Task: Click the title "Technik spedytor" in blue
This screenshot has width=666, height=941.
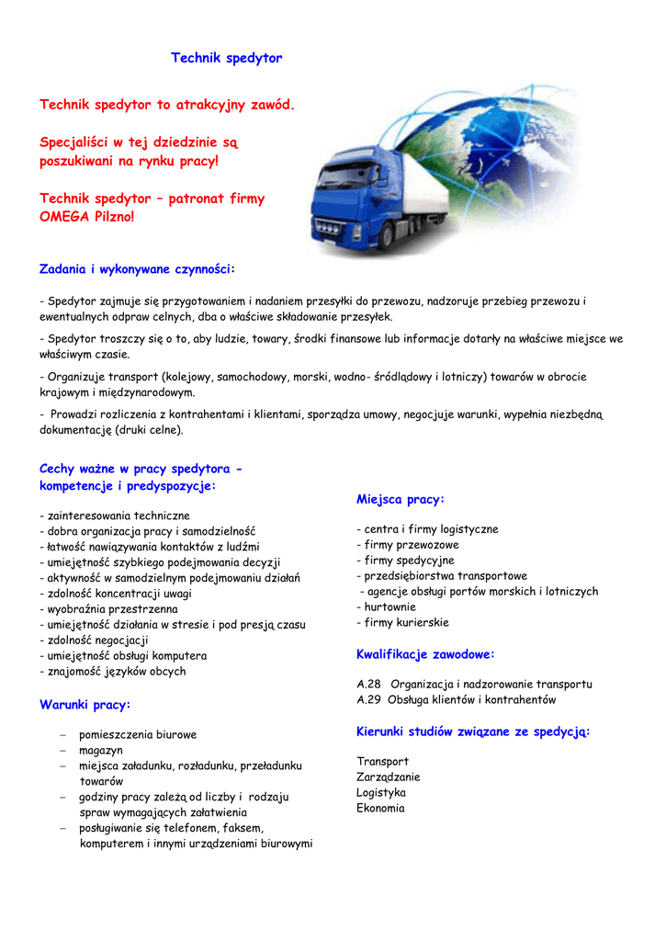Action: (x=226, y=58)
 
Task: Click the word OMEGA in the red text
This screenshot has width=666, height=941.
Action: (x=64, y=217)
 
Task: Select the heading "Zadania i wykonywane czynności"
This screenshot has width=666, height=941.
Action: (x=136, y=269)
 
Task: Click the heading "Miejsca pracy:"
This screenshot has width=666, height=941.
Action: (x=400, y=499)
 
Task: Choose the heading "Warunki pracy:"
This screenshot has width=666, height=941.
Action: (x=85, y=705)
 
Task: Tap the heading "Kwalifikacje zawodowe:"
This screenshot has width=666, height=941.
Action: (x=425, y=654)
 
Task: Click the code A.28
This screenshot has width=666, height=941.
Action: (x=368, y=685)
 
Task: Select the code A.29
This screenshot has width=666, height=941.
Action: (x=368, y=700)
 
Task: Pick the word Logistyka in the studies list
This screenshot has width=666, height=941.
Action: (x=381, y=793)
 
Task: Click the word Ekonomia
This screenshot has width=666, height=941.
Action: (x=380, y=809)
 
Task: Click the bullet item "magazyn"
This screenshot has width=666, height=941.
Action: (x=100, y=751)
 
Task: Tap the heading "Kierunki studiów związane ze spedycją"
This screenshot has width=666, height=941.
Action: (x=471, y=731)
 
